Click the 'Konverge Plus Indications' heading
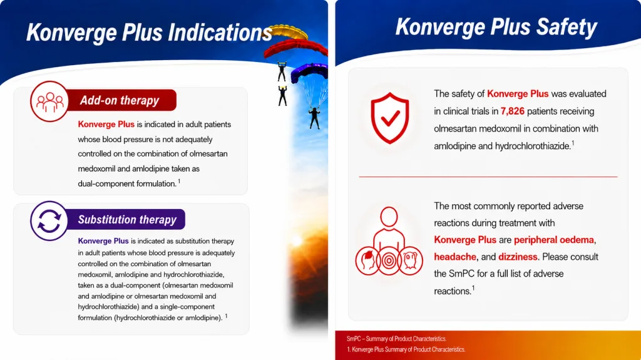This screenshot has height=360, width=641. click(x=149, y=33)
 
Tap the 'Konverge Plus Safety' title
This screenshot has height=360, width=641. click(x=496, y=27)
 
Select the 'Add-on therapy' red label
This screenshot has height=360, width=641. click(x=120, y=100)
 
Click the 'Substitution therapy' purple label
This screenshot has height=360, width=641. click(x=127, y=220)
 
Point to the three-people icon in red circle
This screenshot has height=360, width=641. click(x=49, y=101)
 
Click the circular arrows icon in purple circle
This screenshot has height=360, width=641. click(x=49, y=221)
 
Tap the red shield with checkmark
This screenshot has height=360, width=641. click(x=390, y=118)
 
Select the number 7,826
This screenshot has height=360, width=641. click(x=512, y=111)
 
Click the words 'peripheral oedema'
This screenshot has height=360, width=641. click(x=554, y=240)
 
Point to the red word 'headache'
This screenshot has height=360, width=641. click(x=455, y=257)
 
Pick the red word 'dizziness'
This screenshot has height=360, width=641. click(x=518, y=257)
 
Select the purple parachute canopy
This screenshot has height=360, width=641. click(x=310, y=73)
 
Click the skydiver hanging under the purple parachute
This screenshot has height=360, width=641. click(x=314, y=118)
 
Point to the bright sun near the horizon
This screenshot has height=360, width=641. click(x=297, y=242)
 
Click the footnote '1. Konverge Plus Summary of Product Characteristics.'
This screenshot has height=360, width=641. click(x=406, y=349)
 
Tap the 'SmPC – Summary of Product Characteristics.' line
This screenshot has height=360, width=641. click(x=396, y=339)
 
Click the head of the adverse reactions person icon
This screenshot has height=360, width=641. click(x=389, y=217)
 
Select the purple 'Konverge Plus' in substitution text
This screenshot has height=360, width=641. click(x=103, y=241)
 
